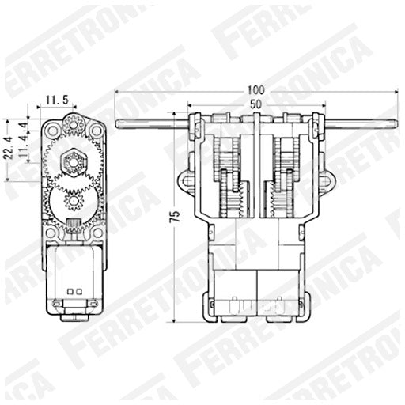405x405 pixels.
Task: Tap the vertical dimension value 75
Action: tap(175, 214)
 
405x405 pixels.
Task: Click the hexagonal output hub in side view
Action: tap(74, 162)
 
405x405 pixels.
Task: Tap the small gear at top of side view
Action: tap(74, 123)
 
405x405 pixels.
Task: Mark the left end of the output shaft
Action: tap(119, 123)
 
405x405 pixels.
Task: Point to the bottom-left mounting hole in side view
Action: tap(51, 233)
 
